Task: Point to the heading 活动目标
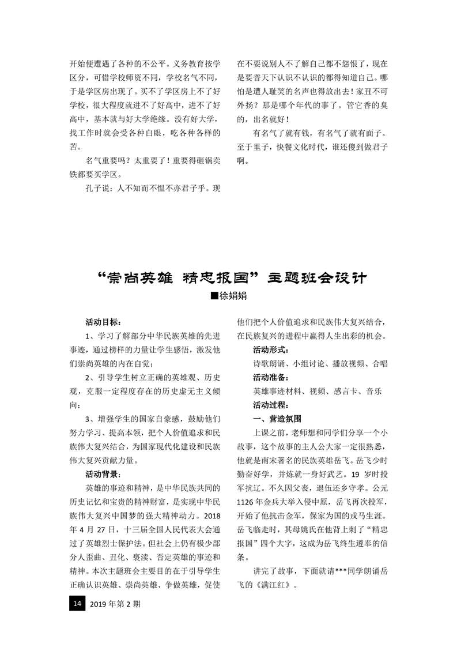(x=103, y=321)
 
